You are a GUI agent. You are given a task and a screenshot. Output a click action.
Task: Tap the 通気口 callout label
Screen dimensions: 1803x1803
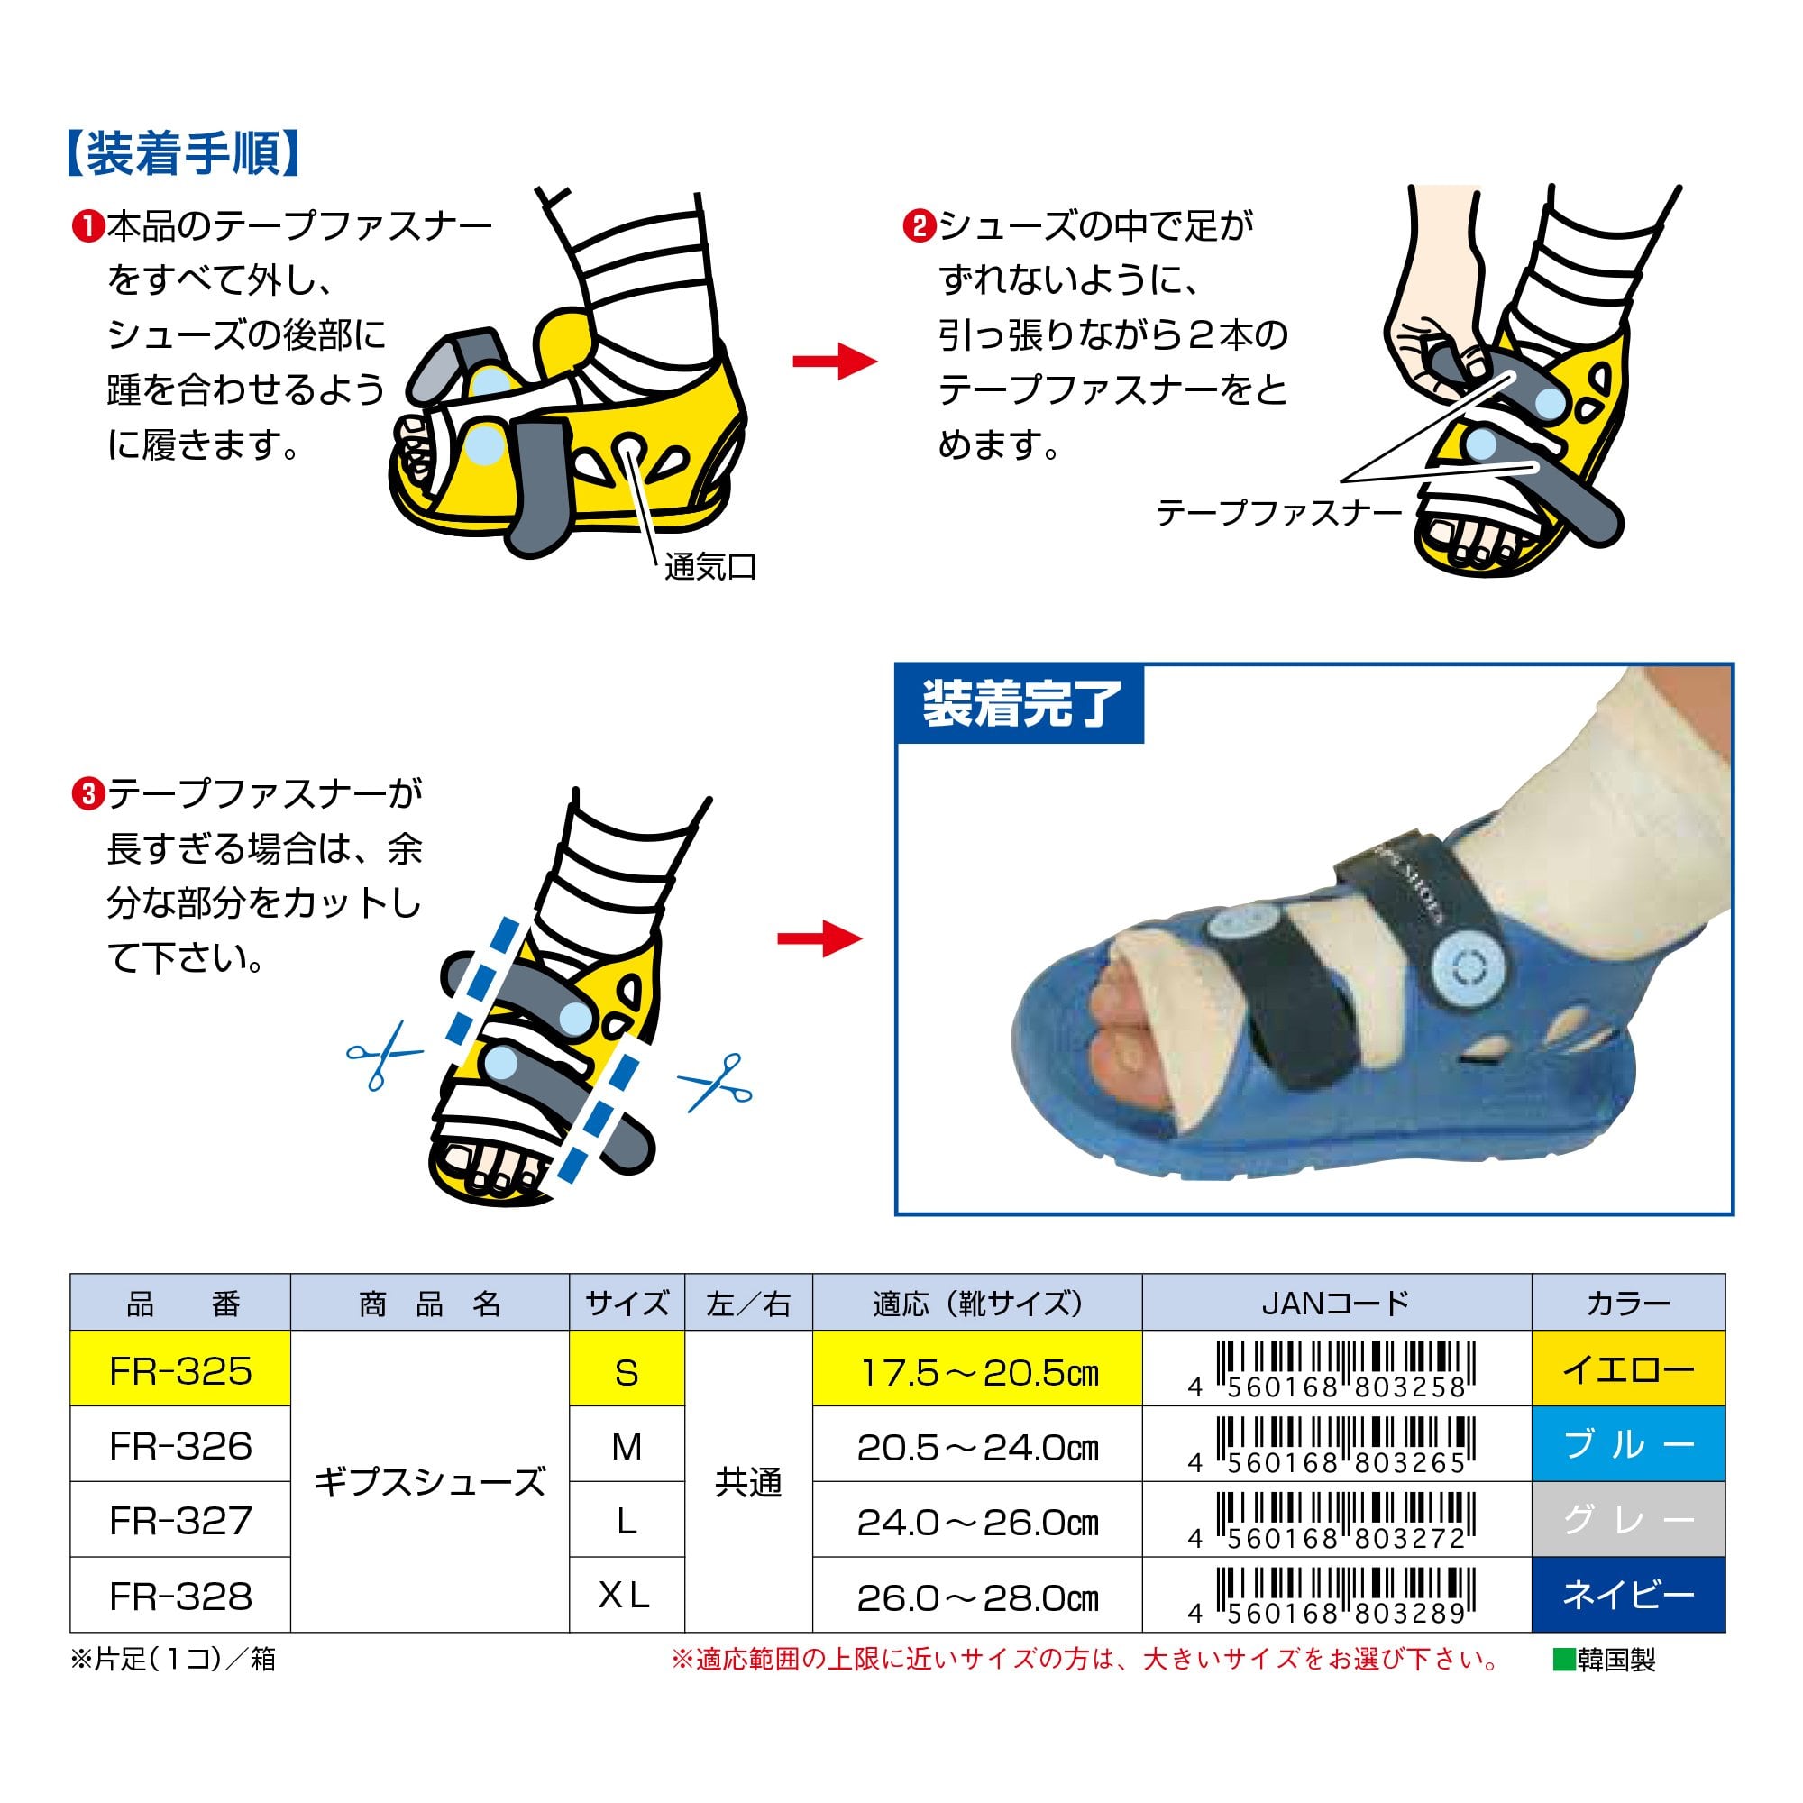[710, 566]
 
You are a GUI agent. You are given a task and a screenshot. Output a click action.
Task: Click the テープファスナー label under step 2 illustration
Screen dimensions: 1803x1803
[1279, 512]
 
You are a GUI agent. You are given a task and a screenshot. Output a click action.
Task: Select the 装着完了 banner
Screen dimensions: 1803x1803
[1020, 704]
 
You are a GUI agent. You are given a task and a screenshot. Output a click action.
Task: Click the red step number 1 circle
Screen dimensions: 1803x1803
[87, 227]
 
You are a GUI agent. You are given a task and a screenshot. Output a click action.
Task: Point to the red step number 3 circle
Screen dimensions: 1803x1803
[87, 795]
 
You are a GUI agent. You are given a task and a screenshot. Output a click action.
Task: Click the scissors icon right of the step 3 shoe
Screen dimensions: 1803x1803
[716, 1083]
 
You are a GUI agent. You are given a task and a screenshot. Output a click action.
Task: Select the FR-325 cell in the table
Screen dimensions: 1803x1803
[180, 1371]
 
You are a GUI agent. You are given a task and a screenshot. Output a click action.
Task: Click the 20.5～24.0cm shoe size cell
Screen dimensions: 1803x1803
[977, 1447]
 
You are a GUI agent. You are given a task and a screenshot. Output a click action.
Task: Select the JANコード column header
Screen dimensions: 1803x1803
[1336, 1303]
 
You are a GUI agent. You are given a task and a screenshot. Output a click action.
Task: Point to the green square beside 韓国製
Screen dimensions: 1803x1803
[1563, 1661]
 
